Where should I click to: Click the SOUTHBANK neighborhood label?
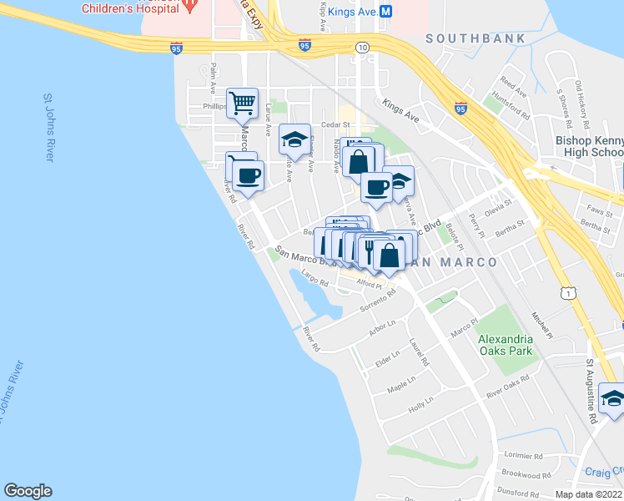[x=476, y=38]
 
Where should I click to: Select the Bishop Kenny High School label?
[x=589, y=146]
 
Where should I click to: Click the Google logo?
[x=28, y=491]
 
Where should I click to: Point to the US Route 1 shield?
[x=568, y=293]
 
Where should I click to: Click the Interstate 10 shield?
[x=361, y=48]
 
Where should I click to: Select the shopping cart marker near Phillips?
[x=242, y=104]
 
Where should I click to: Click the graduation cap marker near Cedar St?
[x=294, y=139]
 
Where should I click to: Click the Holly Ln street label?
[x=421, y=405]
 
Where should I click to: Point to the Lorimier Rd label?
[x=524, y=456]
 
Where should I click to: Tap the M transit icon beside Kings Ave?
[x=386, y=12]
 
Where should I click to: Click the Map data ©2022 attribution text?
[x=587, y=494]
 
